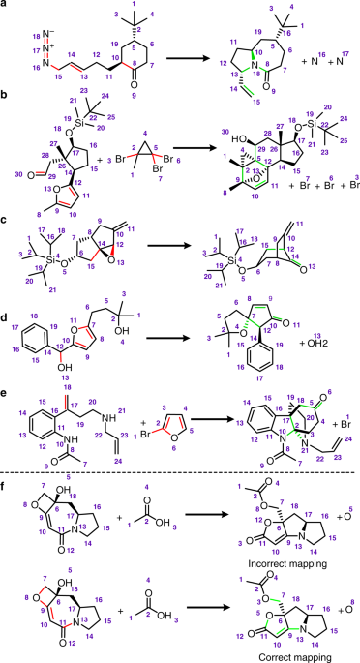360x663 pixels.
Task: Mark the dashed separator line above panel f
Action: [180, 451]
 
